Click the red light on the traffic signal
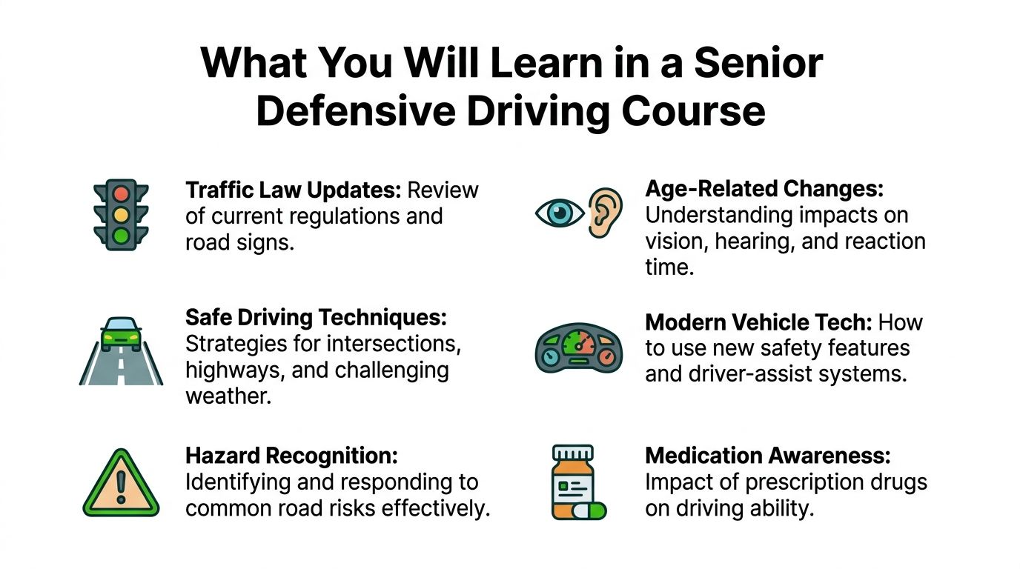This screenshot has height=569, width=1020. [x=121, y=194]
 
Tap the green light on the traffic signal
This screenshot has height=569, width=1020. [x=121, y=236]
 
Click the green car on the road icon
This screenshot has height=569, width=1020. [x=121, y=335]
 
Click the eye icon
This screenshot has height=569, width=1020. [x=560, y=213]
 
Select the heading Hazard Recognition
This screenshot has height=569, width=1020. [x=291, y=456]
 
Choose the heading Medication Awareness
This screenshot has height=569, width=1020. [x=767, y=456]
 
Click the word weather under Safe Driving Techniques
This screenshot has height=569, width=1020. [x=228, y=395]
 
